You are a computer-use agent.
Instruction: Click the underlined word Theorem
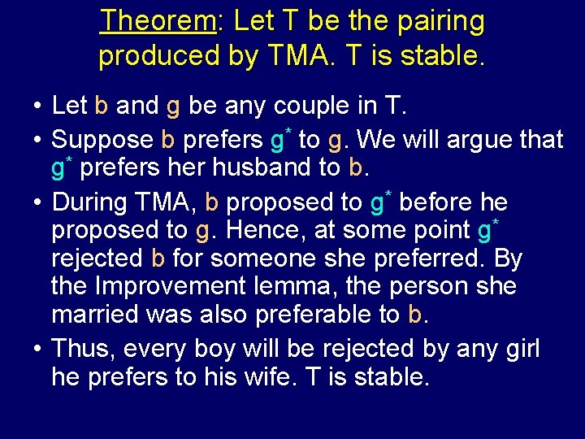pos(157,22)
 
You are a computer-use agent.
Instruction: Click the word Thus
pos(81,350)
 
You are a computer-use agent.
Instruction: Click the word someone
pos(264,259)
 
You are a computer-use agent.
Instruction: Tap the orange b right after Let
pos(102,105)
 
